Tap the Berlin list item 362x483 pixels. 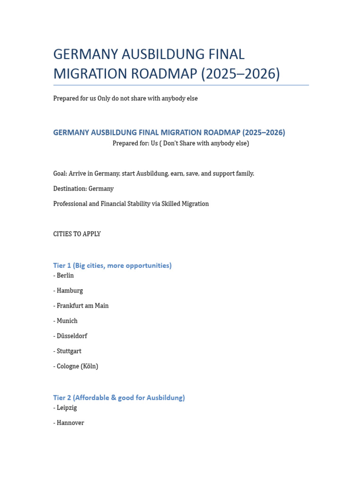pyautogui.click(x=64, y=275)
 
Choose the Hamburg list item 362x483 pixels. pyautogui.click(x=68, y=291)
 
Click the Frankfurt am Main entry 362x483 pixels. pyautogui.click(x=81, y=306)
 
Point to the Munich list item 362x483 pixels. pyautogui.click(x=66, y=321)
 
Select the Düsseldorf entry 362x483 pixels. pyautogui.click(x=70, y=336)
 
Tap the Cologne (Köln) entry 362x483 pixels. pyautogui.click(x=76, y=366)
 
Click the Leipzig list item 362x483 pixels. pyautogui.click(x=65, y=408)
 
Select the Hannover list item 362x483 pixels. pyautogui.click(x=69, y=423)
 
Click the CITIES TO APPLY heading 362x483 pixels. pyautogui.click(x=77, y=234)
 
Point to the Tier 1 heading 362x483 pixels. pyautogui.click(x=112, y=266)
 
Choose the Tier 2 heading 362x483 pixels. pyautogui.click(x=119, y=398)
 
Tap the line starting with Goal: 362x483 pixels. pyautogui.click(x=154, y=174)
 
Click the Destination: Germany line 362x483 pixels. pyautogui.click(x=83, y=189)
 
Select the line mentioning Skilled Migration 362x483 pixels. pyautogui.click(x=131, y=204)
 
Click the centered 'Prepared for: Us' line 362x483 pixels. pyautogui.click(x=181, y=143)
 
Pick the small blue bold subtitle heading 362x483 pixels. pyautogui.click(x=169, y=133)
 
